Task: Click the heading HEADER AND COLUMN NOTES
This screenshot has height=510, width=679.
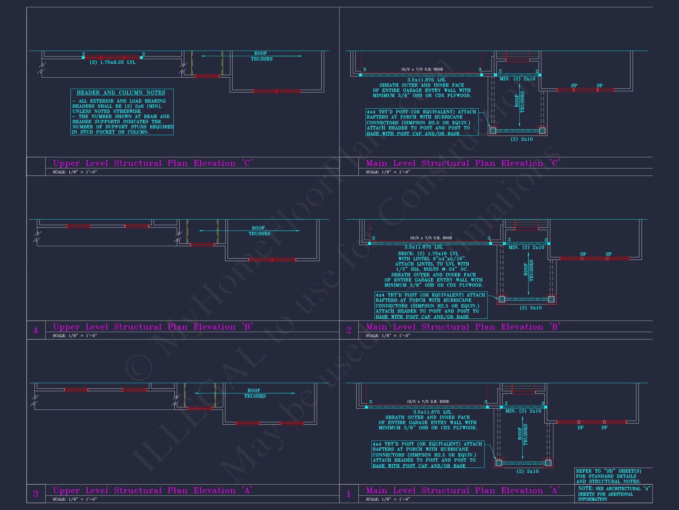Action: click(x=121, y=93)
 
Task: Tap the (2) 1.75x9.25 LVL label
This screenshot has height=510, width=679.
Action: click(x=112, y=62)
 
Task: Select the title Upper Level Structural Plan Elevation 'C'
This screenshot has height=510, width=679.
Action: click(x=153, y=163)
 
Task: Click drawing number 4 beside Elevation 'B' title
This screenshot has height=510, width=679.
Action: click(x=36, y=331)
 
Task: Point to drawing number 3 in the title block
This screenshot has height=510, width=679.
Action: click(x=36, y=494)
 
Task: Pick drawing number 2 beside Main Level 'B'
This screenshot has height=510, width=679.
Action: click(x=349, y=331)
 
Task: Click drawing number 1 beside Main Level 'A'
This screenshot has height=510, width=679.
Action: click(x=349, y=494)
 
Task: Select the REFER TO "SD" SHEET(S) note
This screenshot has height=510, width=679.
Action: click(x=608, y=476)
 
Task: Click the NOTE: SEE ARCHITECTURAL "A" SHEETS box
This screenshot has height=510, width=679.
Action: click(x=613, y=494)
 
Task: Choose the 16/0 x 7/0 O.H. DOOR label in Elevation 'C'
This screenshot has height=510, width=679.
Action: click(x=422, y=69)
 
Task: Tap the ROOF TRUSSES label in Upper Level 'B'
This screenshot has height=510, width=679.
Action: click(x=259, y=231)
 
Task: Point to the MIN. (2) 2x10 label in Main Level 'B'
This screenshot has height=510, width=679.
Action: click(x=526, y=247)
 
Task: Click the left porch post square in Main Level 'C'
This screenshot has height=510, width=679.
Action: click(x=493, y=131)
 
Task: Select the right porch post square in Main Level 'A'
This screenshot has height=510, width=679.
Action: click(x=548, y=463)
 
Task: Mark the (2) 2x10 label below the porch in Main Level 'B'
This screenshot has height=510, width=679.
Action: click(x=530, y=308)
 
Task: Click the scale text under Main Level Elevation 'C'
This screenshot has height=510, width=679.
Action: click(x=388, y=172)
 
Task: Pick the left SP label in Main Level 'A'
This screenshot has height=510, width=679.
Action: click(x=581, y=428)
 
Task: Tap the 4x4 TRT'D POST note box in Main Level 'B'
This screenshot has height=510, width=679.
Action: click(x=431, y=305)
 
